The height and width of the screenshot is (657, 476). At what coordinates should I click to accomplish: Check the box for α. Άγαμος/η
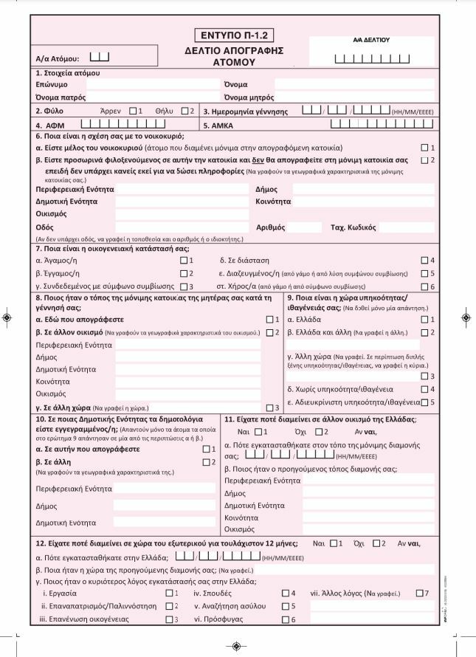pyautogui.click(x=184, y=261)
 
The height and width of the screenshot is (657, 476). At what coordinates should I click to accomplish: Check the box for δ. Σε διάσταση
pyautogui.click(x=424, y=261)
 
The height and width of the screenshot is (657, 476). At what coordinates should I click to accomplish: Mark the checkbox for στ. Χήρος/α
pyautogui.click(x=424, y=286)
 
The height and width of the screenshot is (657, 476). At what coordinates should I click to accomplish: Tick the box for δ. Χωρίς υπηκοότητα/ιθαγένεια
pyautogui.click(x=424, y=389)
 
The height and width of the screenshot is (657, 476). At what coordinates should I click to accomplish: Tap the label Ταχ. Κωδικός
pyautogui.click(x=353, y=227)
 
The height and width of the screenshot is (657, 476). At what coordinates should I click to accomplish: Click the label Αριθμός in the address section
pyautogui.click(x=270, y=227)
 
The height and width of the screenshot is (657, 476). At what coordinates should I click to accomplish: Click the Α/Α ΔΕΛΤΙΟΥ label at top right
pyautogui.click(x=371, y=40)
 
